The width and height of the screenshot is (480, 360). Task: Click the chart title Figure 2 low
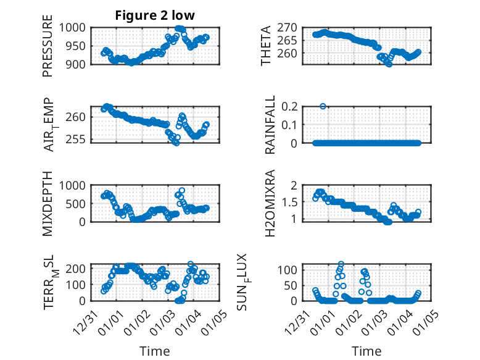[x=155, y=15]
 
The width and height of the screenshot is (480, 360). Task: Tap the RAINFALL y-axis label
[x=270, y=125]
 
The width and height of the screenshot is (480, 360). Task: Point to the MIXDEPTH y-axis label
[x=48, y=203]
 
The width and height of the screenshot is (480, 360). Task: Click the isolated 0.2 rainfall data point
[x=323, y=106]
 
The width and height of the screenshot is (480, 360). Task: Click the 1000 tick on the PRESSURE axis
[x=77, y=28]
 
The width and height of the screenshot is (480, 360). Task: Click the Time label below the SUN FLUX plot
[x=366, y=351]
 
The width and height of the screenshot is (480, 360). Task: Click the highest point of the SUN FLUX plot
[x=341, y=264]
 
